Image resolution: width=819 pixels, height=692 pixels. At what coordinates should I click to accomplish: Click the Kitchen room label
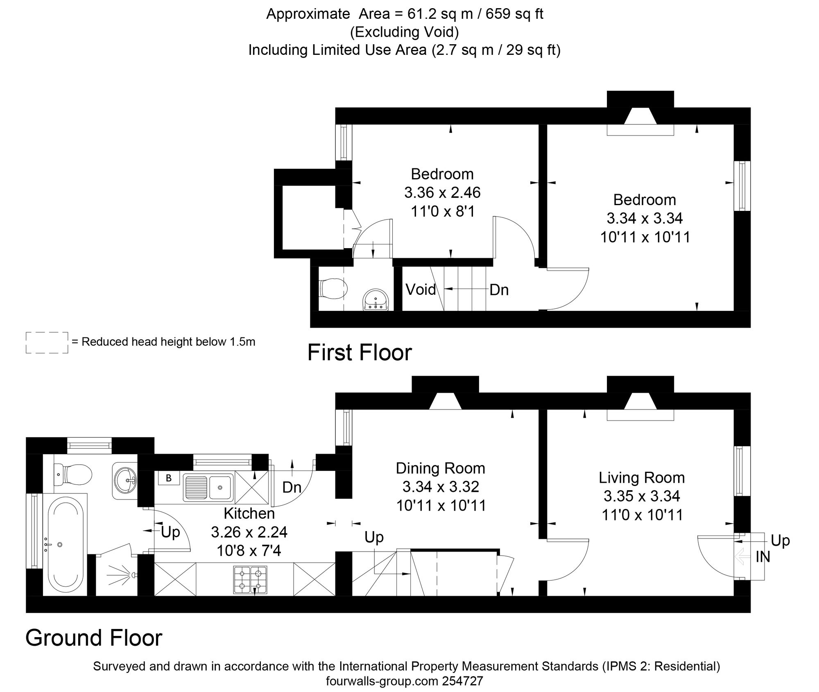click(x=249, y=513)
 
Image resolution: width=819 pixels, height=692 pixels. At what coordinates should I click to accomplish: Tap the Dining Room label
click(x=441, y=468)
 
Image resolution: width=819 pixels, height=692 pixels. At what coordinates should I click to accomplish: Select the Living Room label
click(x=642, y=477)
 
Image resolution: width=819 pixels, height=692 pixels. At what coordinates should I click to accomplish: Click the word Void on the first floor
click(x=421, y=289)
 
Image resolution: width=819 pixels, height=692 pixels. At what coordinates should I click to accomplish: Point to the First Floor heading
click(x=360, y=353)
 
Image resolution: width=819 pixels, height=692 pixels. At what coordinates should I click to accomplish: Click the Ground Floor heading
click(x=94, y=638)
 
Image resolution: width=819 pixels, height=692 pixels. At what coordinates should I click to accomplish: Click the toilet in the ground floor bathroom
click(x=73, y=475)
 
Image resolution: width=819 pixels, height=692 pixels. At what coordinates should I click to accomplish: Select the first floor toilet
click(x=333, y=289)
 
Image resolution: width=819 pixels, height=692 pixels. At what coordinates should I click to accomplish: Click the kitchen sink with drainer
click(x=208, y=488)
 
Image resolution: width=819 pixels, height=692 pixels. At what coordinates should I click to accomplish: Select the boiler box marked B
click(x=168, y=478)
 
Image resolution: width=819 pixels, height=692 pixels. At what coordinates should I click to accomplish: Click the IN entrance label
click(x=763, y=557)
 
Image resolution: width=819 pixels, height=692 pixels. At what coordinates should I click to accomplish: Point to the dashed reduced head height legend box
click(x=47, y=342)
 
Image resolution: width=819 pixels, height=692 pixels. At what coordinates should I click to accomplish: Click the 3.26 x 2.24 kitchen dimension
click(x=249, y=532)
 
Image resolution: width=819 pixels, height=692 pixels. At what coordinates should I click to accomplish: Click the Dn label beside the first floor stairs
click(x=499, y=290)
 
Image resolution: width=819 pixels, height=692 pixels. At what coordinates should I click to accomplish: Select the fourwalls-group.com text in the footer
click(x=382, y=681)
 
